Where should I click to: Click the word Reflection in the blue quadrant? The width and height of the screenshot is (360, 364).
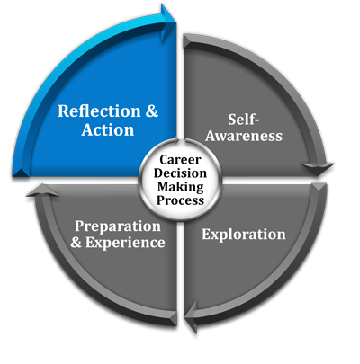point(99,111)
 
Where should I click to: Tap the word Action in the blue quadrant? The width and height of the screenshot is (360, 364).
point(108,130)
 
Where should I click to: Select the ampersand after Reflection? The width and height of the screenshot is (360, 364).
point(152,111)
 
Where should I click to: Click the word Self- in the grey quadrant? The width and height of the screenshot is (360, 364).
point(243,120)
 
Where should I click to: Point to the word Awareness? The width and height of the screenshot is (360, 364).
point(244,136)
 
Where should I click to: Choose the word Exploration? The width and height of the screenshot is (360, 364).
point(244,235)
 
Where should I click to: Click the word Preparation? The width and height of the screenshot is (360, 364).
point(118,226)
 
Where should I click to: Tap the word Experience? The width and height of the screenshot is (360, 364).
point(125,243)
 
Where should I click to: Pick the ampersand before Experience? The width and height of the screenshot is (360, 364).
point(76,242)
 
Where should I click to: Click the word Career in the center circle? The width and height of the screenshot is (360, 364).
point(180,160)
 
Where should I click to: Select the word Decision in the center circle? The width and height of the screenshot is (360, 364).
point(180,173)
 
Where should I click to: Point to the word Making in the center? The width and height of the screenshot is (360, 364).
point(181,187)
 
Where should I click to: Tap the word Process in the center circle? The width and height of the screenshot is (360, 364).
point(180,200)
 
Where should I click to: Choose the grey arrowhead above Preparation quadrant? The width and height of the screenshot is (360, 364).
point(42,191)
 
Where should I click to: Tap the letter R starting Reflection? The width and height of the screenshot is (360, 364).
point(64,111)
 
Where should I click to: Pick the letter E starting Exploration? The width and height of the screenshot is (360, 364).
point(206,235)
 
